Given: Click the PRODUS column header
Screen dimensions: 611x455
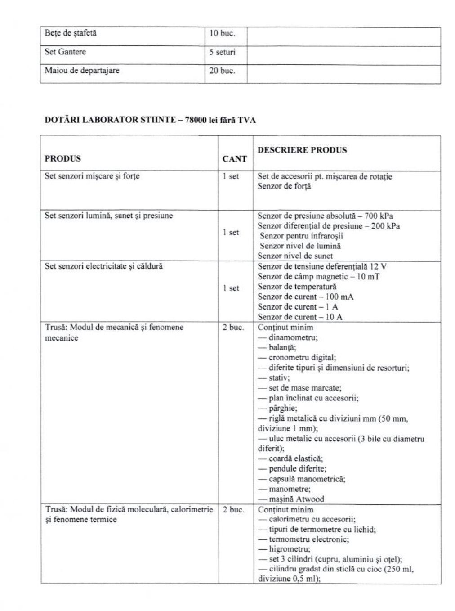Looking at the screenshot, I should [x=63, y=158].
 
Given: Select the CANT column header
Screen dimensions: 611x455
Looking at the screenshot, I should [x=234, y=159].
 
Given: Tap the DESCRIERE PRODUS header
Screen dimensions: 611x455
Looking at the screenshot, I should [x=302, y=150].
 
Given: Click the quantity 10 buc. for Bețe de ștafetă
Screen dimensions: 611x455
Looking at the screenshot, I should [x=222, y=33].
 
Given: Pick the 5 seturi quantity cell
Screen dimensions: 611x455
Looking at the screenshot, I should [x=222, y=52].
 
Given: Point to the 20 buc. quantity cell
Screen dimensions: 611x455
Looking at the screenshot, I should [x=222, y=71].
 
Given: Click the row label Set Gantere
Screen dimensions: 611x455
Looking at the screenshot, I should [x=65, y=52].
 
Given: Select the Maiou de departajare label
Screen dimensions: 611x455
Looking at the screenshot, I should [x=82, y=70].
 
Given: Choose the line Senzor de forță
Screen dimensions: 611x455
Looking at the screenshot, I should [x=284, y=186].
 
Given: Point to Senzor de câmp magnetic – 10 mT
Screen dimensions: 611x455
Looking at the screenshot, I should [x=318, y=276].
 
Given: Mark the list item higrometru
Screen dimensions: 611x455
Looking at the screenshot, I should [x=289, y=549].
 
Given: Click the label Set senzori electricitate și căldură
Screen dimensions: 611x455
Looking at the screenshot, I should [x=104, y=266].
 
